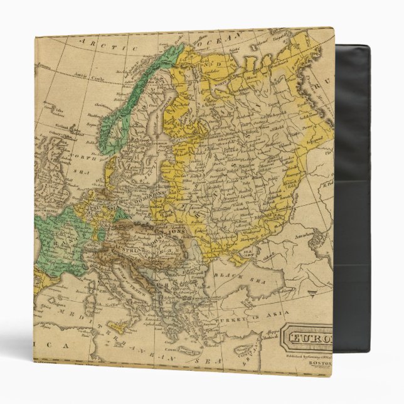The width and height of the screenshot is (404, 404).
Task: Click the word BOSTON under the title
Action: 319,362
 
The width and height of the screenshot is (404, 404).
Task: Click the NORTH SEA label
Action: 80,156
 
